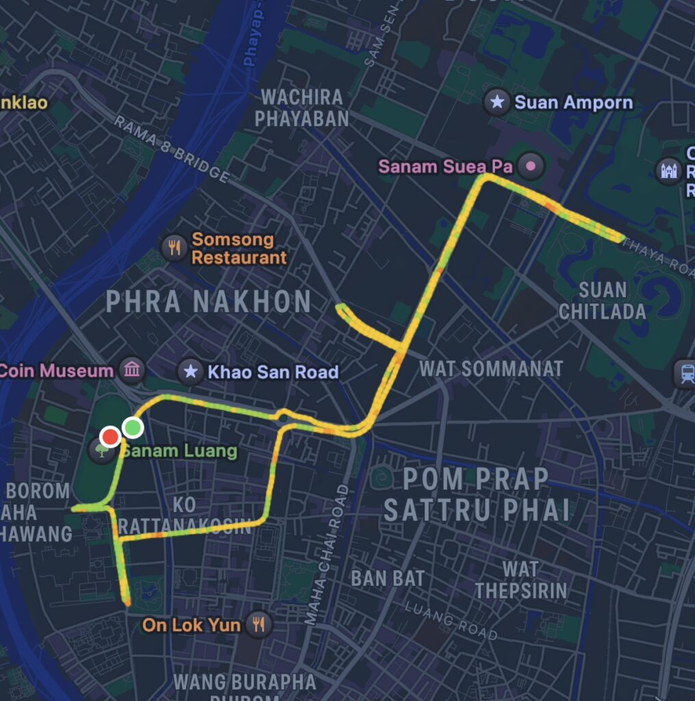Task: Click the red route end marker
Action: (x=110, y=437)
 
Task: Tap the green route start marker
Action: (x=132, y=428)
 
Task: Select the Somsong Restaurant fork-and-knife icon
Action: (x=175, y=247)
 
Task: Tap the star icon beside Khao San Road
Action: (x=190, y=372)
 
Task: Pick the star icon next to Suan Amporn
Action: (x=496, y=103)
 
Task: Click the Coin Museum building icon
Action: (x=131, y=370)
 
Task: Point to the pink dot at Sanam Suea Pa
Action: (x=530, y=166)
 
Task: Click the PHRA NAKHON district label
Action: (x=209, y=302)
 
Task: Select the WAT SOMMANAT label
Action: (x=491, y=368)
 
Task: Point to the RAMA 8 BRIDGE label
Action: (x=171, y=149)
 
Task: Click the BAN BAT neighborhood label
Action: (x=388, y=578)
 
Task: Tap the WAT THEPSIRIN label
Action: (x=521, y=579)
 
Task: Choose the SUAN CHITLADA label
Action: (x=602, y=300)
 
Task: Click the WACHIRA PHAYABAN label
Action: (x=302, y=107)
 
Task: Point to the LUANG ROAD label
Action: (x=450, y=620)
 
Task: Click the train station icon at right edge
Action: (x=685, y=373)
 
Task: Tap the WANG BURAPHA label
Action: (x=244, y=682)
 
